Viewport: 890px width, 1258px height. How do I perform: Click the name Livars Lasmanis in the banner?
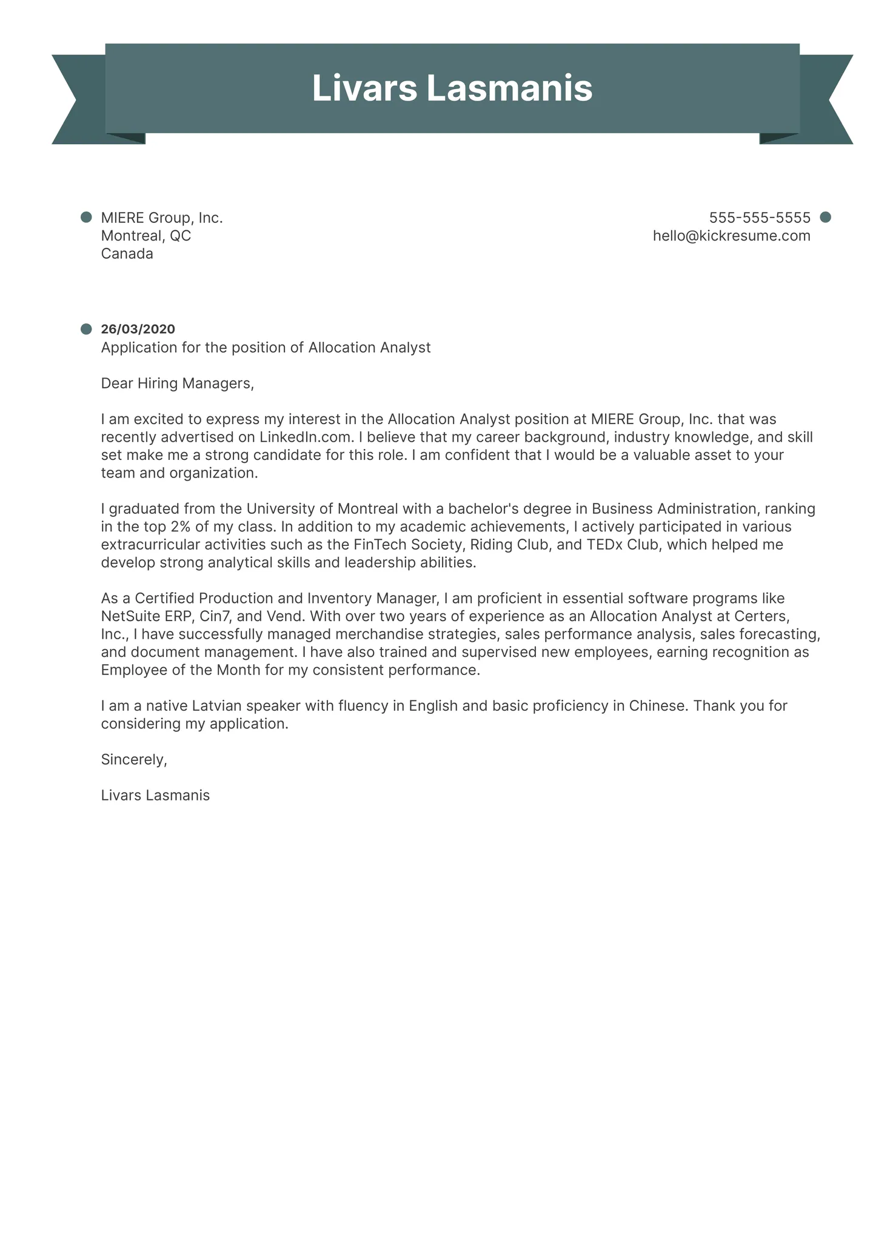(x=452, y=88)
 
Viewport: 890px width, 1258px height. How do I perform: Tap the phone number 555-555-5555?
(x=759, y=218)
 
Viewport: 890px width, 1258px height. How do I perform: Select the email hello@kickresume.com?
(x=731, y=236)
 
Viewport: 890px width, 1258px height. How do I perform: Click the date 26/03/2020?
(x=138, y=329)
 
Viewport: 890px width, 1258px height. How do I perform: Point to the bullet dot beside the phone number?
(x=825, y=217)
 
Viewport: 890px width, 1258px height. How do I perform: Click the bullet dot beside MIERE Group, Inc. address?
(x=86, y=217)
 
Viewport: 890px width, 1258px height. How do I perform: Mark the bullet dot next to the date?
(x=86, y=329)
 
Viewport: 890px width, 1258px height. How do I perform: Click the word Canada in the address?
(x=127, y=254)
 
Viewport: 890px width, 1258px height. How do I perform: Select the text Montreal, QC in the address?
(x=146, y=236)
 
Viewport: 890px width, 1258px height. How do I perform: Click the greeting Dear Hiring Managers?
(x=177, y=383)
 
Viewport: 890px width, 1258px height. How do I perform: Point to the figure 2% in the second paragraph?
(x=181, y=527)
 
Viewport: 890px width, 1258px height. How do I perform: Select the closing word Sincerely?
(x=133, y=760)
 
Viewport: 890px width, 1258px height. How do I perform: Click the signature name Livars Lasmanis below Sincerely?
(x=155, y=796)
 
